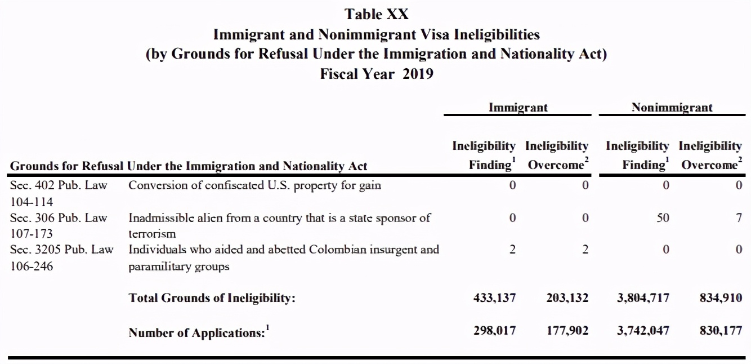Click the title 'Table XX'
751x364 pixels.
pyautogui.click(x=377, y=14)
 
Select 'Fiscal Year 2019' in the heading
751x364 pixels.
pyautogui.click(x=377, y=73)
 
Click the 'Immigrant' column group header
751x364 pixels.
pyautogui.click(x=518, y=107)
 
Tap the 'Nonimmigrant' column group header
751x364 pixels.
pyautogui.click(x=672, y=107)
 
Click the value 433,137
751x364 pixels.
pyautogui.click(x=495, y=298)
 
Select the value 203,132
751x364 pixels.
pyautogui.click(x=567, y=298)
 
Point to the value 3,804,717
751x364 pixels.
pyautogui.click(x=643, y=298)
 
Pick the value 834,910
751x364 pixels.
pyautogui.click(x=721, y=298)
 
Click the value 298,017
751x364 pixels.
pyautogui.click(x=495, y=331)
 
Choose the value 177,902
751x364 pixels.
pyautogui.click(x=567, y=331)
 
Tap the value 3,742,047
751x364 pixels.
pyautogui.click(x=643, y=331)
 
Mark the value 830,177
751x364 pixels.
pyautogui.click(x=721, y=331)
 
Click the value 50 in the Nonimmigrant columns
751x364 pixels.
pyautogui.click(x=663, y=217)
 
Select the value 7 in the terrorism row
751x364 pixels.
pyautogui.click(x=739, y=217)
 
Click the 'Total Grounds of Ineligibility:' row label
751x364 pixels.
pyautogui.click(x=212, y=298)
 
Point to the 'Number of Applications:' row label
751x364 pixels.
pyautogui.click(x=197, y=332)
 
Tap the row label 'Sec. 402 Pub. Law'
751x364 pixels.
pyautogui.click(x=59, y=185)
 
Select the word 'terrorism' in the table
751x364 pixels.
pyautogui.click(x=152, y=233)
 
